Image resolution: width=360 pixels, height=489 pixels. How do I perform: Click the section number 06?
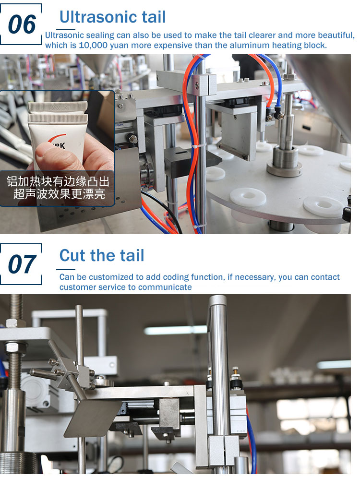(22, 24)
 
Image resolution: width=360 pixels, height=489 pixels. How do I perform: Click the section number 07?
(22, 264)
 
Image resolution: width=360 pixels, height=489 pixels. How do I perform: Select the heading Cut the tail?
(102, 255)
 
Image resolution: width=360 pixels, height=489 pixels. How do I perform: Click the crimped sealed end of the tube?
(58, 112)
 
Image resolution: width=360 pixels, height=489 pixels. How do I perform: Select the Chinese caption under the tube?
(58, 188)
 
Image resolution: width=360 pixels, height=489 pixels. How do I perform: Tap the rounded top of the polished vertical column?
(217, 299)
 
